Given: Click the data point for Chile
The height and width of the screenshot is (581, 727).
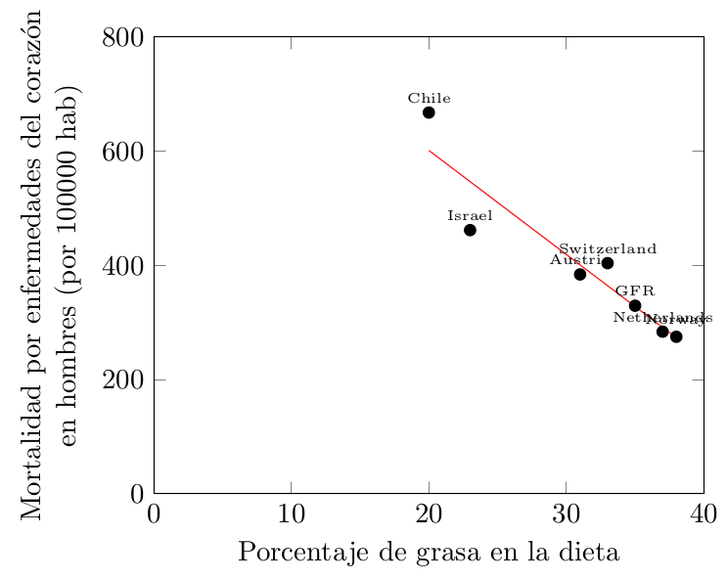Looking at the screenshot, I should pos(429,112).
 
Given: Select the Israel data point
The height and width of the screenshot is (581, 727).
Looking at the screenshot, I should pos(470,230).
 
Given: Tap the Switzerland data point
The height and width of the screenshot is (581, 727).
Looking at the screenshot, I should pos(608,263).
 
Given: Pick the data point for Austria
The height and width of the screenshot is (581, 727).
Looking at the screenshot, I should pos(580,274).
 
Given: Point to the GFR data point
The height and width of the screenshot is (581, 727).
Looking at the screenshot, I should pos(635,305).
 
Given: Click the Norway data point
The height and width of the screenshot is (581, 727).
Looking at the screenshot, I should pos(676,336).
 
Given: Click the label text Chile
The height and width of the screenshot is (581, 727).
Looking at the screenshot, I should pos(430,98).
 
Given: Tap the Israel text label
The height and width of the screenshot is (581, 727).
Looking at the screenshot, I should pos(470,215).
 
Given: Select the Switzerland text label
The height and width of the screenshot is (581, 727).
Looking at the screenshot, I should pos(608,249).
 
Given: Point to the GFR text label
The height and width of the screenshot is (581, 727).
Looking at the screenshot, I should pos(635,291).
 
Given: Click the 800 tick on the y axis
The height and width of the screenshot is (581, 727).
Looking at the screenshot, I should pos(124,37).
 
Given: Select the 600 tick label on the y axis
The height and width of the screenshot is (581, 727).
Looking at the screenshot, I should pos(124,152).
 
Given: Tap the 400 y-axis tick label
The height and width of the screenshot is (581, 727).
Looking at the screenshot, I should pos(124,265).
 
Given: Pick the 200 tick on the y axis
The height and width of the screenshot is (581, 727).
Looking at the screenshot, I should pos(124,380).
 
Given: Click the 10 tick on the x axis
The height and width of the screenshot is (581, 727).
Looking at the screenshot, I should pos(292,514).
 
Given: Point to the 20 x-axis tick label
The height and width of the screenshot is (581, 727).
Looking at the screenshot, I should pos(429,514).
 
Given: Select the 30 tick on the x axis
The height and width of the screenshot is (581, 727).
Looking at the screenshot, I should pos(567,514).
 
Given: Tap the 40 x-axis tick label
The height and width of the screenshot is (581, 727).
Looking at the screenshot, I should pos(704,514).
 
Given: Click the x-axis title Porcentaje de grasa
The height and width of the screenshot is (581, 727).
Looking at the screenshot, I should pos(429,553).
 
